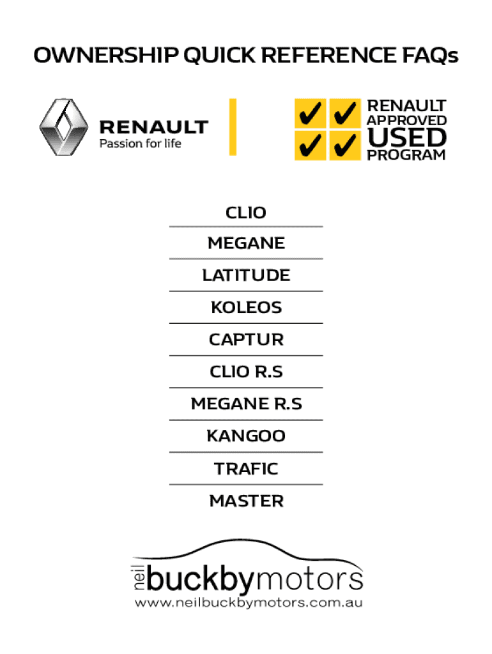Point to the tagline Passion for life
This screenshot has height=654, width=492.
140,144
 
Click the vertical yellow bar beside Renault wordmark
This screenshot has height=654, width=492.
233,126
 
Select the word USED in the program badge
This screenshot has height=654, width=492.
406,137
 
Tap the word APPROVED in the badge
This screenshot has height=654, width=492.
406,121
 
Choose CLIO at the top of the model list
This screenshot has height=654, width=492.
246,213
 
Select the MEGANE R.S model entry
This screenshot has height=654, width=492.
246,404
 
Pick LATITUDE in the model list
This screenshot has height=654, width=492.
246,275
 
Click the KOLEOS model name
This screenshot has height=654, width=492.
246,308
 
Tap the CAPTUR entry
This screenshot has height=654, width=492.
246,340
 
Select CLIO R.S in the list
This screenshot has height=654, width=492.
246,372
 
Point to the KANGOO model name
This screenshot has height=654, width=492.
246,437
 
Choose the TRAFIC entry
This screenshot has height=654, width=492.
246,469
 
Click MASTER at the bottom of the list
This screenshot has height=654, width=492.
246,501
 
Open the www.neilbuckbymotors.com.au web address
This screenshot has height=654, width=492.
248,603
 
